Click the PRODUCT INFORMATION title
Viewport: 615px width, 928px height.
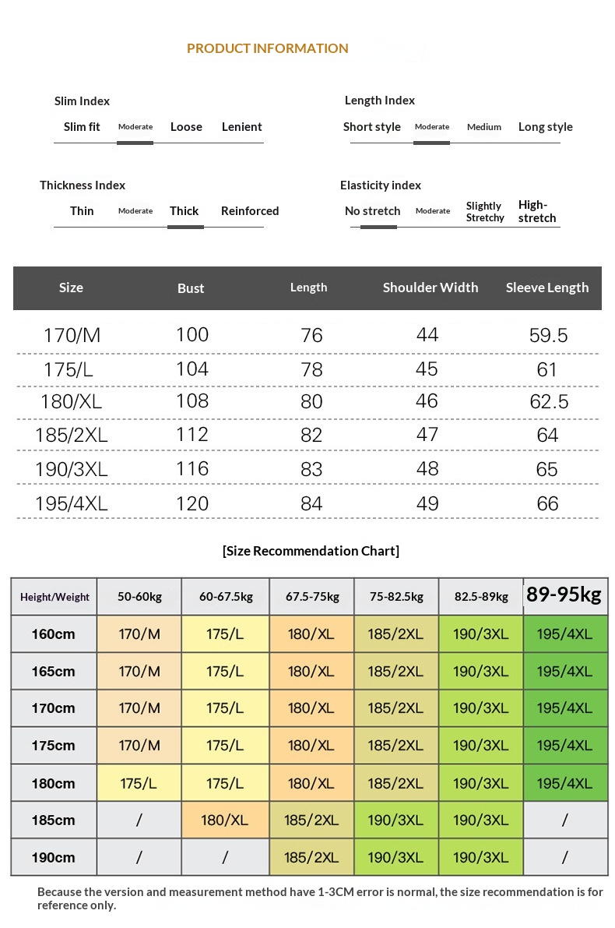click(x=267, y=48)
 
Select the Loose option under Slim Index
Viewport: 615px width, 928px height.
click(x=186, y=127)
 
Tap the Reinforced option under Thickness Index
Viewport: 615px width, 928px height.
click(x=249, y=211)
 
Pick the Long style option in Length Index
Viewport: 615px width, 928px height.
click(x=545, y=127)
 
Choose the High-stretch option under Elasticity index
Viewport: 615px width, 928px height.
click(x=537, y=211)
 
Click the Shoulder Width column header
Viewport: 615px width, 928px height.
click(x=430, y=288)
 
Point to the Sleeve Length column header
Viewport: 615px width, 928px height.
click(x=546, y=288)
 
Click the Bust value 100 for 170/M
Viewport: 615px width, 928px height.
click(x=192, y=335)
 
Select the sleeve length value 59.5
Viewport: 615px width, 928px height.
click(x=548, y=336)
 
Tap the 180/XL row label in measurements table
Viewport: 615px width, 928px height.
click(x=71, y=402)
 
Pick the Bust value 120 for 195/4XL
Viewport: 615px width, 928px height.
click(x=192, y=503)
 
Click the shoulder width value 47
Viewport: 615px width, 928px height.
click(x=427, y=435)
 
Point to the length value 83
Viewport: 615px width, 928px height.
click(x=311, y=470)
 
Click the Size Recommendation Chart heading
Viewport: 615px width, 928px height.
click(x=311, y=551)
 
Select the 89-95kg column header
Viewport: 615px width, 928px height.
click(x=564, y=595)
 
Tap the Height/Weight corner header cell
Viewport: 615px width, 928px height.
click(x=54, y=597)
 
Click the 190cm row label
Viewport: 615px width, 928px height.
click(x=54, y=858)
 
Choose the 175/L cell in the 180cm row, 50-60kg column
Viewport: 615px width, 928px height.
click(x=139, y=783)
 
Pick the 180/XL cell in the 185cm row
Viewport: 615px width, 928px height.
click(x=224, y=820)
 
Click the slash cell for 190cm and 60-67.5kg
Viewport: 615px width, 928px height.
click(x=224, y=858)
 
